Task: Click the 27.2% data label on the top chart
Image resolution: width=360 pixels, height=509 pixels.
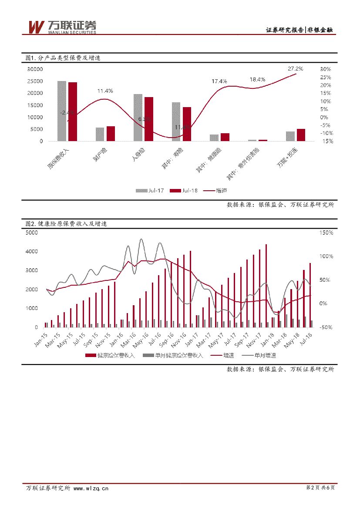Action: pos(295,68)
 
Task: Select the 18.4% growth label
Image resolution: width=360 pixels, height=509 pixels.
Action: pos(257,80)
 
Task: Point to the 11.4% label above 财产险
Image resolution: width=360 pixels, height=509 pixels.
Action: pos(105,91)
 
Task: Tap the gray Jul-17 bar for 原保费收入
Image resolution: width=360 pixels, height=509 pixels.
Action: pos(62,111)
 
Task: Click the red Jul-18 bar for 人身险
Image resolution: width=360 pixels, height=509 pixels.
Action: pos(149,119)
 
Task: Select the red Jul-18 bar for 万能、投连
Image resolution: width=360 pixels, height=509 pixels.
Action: pos(301,135)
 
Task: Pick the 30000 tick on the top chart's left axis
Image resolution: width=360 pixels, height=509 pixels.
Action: pos(35,69)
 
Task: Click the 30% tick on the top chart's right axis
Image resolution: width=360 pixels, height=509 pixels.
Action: pos(325,69)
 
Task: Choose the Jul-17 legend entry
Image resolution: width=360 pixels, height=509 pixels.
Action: pos(151,190)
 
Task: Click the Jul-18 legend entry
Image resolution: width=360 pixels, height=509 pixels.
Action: pos(185,190)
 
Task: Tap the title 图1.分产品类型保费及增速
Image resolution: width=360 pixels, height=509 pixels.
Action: pos(63,58)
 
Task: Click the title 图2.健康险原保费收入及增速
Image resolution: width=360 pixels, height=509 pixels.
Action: pos(66,224)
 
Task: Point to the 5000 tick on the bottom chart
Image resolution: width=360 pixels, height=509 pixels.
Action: pos(32,233)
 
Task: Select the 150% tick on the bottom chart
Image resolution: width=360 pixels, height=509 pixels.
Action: pos(326,233)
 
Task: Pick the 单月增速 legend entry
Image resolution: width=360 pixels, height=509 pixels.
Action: pos(261,355)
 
